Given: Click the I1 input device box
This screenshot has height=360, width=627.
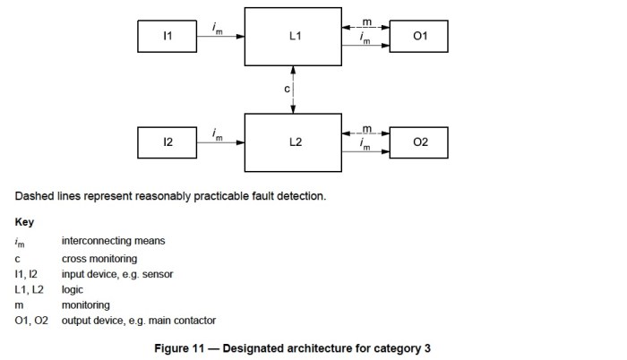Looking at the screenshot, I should [167, 38].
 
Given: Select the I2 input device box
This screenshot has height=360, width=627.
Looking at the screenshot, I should [167, 142].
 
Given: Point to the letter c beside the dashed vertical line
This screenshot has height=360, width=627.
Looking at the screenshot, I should [287, 90].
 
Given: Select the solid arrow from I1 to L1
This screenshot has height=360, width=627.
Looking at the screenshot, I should [219, 39].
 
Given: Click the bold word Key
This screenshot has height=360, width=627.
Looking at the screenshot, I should [23, 221].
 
